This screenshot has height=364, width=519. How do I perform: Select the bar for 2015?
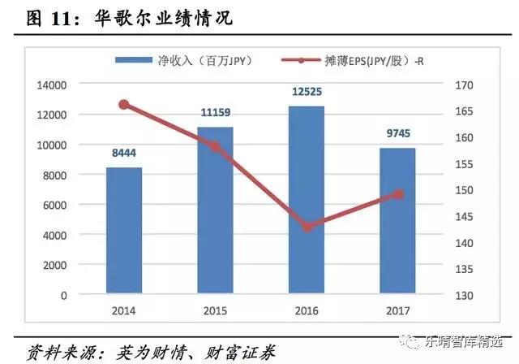pyautogui.click(x=215, y=210)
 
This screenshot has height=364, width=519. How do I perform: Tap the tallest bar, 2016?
pyautogui.click(x=306, y=200)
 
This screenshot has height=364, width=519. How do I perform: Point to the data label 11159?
pyautogui.click(x=215, y=111)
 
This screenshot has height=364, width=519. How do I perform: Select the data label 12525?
pyautogui.click(x=307, y=90)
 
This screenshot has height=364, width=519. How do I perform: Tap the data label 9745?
pyautogui.click(x=397, y=132)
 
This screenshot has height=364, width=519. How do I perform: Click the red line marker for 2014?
pyautogui.click(x=124, y=104)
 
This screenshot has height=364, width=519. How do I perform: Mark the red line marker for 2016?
pyautogui.click(x=307, y=227)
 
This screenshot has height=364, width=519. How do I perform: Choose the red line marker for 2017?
pyautogui.click(x=397, y=194)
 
